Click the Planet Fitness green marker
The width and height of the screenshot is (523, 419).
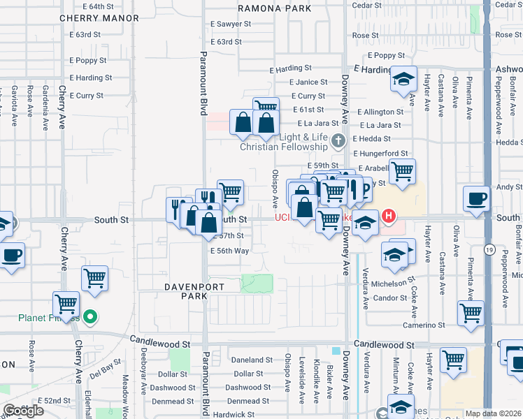pyautogui.click(x=89, y=318)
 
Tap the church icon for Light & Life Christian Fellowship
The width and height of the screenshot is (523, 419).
pyautogui.click(x=338, y=141)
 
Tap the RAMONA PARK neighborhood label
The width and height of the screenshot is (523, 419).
pyautogui.click(x=274, y=9)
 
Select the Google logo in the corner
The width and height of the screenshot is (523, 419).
pyautogui.click(x=23, y=411)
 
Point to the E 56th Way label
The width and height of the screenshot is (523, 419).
pyautogui.click(x=229, y=251)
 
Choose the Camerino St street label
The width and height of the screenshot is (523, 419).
pyautogui.click(x=423, y=325)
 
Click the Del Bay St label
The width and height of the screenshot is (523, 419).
pyautogui.click(x=106, y=365)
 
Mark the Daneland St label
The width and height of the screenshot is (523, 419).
pyautogui.click(x=251, y=360)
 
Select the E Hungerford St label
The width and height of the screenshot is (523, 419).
pyautogui.click(x=380, y=154)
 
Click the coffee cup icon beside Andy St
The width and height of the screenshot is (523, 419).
pyautogui.click(x=476, y=198)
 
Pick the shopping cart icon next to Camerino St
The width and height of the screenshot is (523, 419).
pyautogui.click(x=471, y=313)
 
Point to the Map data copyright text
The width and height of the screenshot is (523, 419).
pyautogui.click(x=494, y=413)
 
